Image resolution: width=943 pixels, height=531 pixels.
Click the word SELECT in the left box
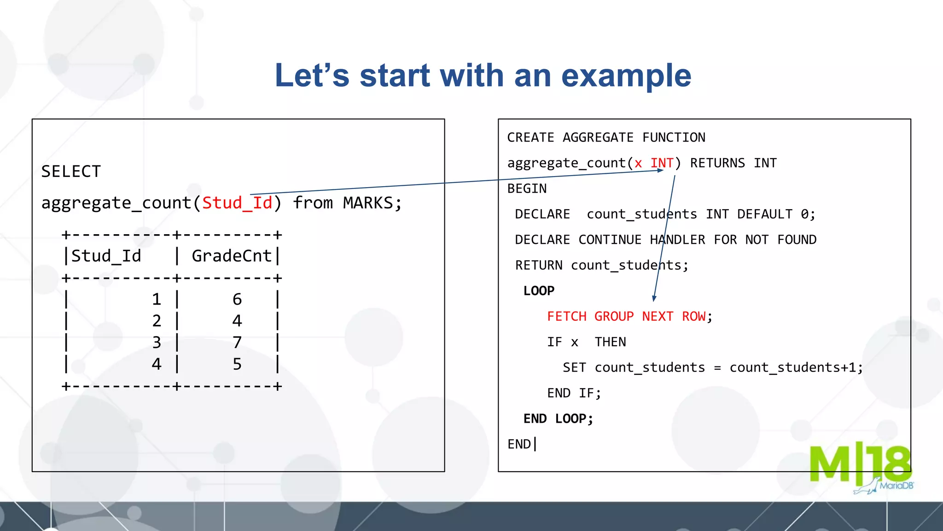point(71,171)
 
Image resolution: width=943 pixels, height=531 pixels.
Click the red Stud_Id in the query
point(237,203)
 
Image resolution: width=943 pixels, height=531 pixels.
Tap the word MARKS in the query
point(368,203)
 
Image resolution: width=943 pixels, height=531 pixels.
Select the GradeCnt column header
point(232,256)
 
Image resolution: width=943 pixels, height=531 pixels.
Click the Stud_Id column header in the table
point(106,256)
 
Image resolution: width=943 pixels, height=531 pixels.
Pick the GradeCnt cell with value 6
point(237,299)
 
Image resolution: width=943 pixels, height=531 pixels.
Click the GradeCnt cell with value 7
point(237,342)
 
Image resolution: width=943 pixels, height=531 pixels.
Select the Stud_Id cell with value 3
point(157,342)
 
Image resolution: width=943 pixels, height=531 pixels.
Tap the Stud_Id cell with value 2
point(157,321)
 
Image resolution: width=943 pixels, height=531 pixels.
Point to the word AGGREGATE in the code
point(598,137)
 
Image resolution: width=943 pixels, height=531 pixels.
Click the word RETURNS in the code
point(717,163)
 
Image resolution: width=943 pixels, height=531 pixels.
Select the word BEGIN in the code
point(527,189)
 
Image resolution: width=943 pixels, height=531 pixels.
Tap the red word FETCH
point(567,316)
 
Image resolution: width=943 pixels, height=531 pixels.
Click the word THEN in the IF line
point(610,342)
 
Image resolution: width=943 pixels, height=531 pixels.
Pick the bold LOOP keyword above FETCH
point(539,291)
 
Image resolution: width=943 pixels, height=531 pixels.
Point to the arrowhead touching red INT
point(660,170)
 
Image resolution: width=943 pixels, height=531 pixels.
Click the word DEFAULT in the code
point(765,214)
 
